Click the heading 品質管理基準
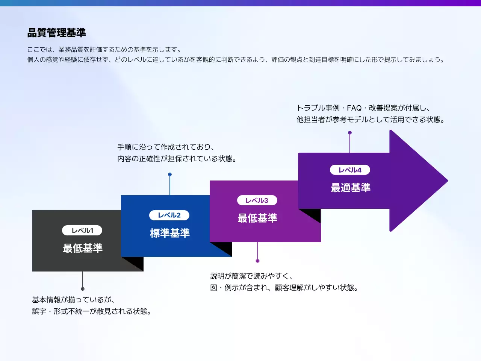coord(56,33)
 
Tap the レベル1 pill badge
coord(82,231)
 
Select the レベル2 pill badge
coord(169,215)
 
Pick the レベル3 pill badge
coord(257,200)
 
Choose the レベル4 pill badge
coord(350,170)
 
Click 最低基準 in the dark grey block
coord(83,248)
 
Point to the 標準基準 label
coord(170,233)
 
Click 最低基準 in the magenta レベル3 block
coord(257,218)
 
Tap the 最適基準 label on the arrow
coord(351,188)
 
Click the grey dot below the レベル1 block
coord(83,289)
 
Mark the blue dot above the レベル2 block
coord(170,174)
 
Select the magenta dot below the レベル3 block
coord(257,261)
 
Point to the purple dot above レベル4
coord(350,133)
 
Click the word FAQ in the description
coord(354,108)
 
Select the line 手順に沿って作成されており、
coord(166,147)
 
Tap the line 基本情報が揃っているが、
coord(73,300)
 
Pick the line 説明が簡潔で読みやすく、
coord(251,276)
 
